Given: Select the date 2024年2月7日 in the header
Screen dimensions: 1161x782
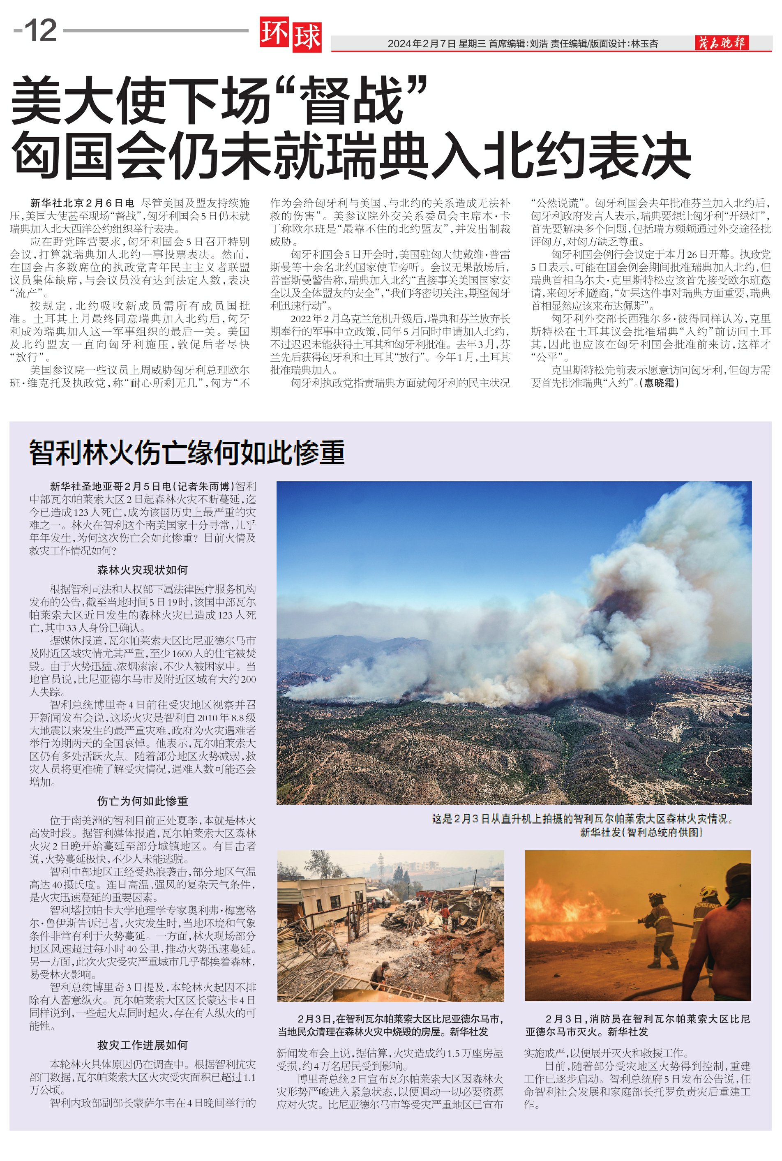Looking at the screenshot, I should click(422, 44).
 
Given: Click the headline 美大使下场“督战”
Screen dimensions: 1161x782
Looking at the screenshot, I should click(219, 100).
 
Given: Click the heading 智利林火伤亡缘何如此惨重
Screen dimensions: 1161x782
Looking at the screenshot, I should click(187, 452).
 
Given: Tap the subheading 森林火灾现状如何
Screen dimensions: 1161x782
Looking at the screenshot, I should click(143, 570).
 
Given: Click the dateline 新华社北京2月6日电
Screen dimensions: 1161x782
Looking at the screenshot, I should click(82, 203).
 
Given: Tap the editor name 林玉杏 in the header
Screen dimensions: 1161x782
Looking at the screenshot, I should click(644, 44).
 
